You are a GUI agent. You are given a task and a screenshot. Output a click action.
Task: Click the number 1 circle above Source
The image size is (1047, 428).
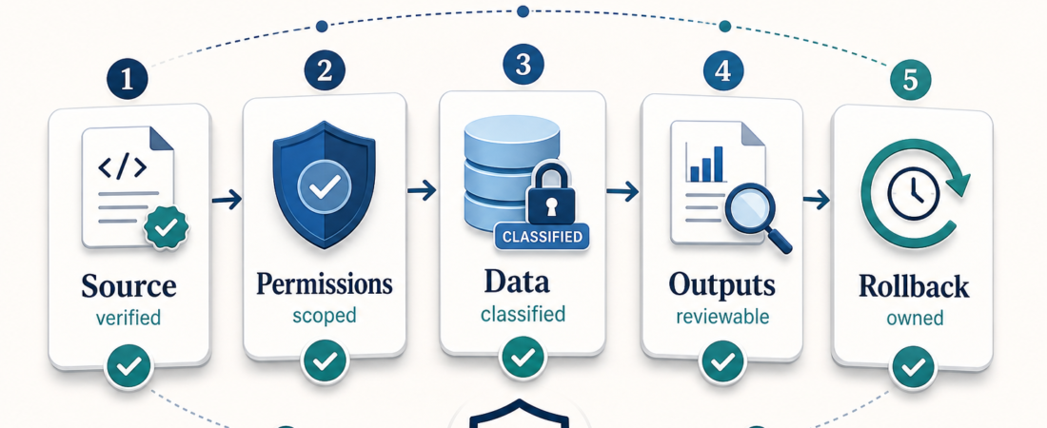pyautogui.click(x=127, y=80)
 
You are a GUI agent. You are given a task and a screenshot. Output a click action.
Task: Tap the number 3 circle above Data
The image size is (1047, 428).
pyautogui.click(x=523, y=66)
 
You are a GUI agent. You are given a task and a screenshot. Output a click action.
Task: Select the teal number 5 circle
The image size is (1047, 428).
pyautogui.click(x=912, y=80)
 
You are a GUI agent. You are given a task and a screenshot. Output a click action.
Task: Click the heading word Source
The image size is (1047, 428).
pyautogui.click(x=128, y=285)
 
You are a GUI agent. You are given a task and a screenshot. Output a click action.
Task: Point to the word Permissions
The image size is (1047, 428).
pyautogui.click(x=325, y=283)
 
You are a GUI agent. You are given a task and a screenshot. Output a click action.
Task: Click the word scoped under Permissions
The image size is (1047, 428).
pyautogui.click(x=325, y=315)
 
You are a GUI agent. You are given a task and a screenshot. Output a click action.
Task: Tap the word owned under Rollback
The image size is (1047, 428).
pyautogui.click(x=915, y=318)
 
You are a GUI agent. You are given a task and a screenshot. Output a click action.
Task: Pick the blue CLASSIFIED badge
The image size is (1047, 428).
pyautogui.click(x=542, y=237)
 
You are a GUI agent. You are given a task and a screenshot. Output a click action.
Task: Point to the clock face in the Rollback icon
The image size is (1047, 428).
pyautogui.click(x=914, y=194)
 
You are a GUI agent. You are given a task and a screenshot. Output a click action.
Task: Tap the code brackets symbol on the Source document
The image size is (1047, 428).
pyautogui.click(x=122, y=168)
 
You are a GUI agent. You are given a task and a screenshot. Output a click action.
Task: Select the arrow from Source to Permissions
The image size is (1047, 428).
pyautogui.click(x=227, y=199)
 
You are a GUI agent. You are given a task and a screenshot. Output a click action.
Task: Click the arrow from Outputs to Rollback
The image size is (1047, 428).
pyautogui.click(x=816, y=199)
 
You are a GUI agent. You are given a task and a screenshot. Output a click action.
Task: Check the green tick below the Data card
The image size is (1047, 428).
pyautogui.click(x=523, y=358)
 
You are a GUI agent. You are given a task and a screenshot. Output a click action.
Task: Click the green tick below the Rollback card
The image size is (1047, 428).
pyautogui.click(x=913, y=366)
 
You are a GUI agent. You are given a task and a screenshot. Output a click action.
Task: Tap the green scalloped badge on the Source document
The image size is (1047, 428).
pyautogui.click(x=167, y=227)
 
